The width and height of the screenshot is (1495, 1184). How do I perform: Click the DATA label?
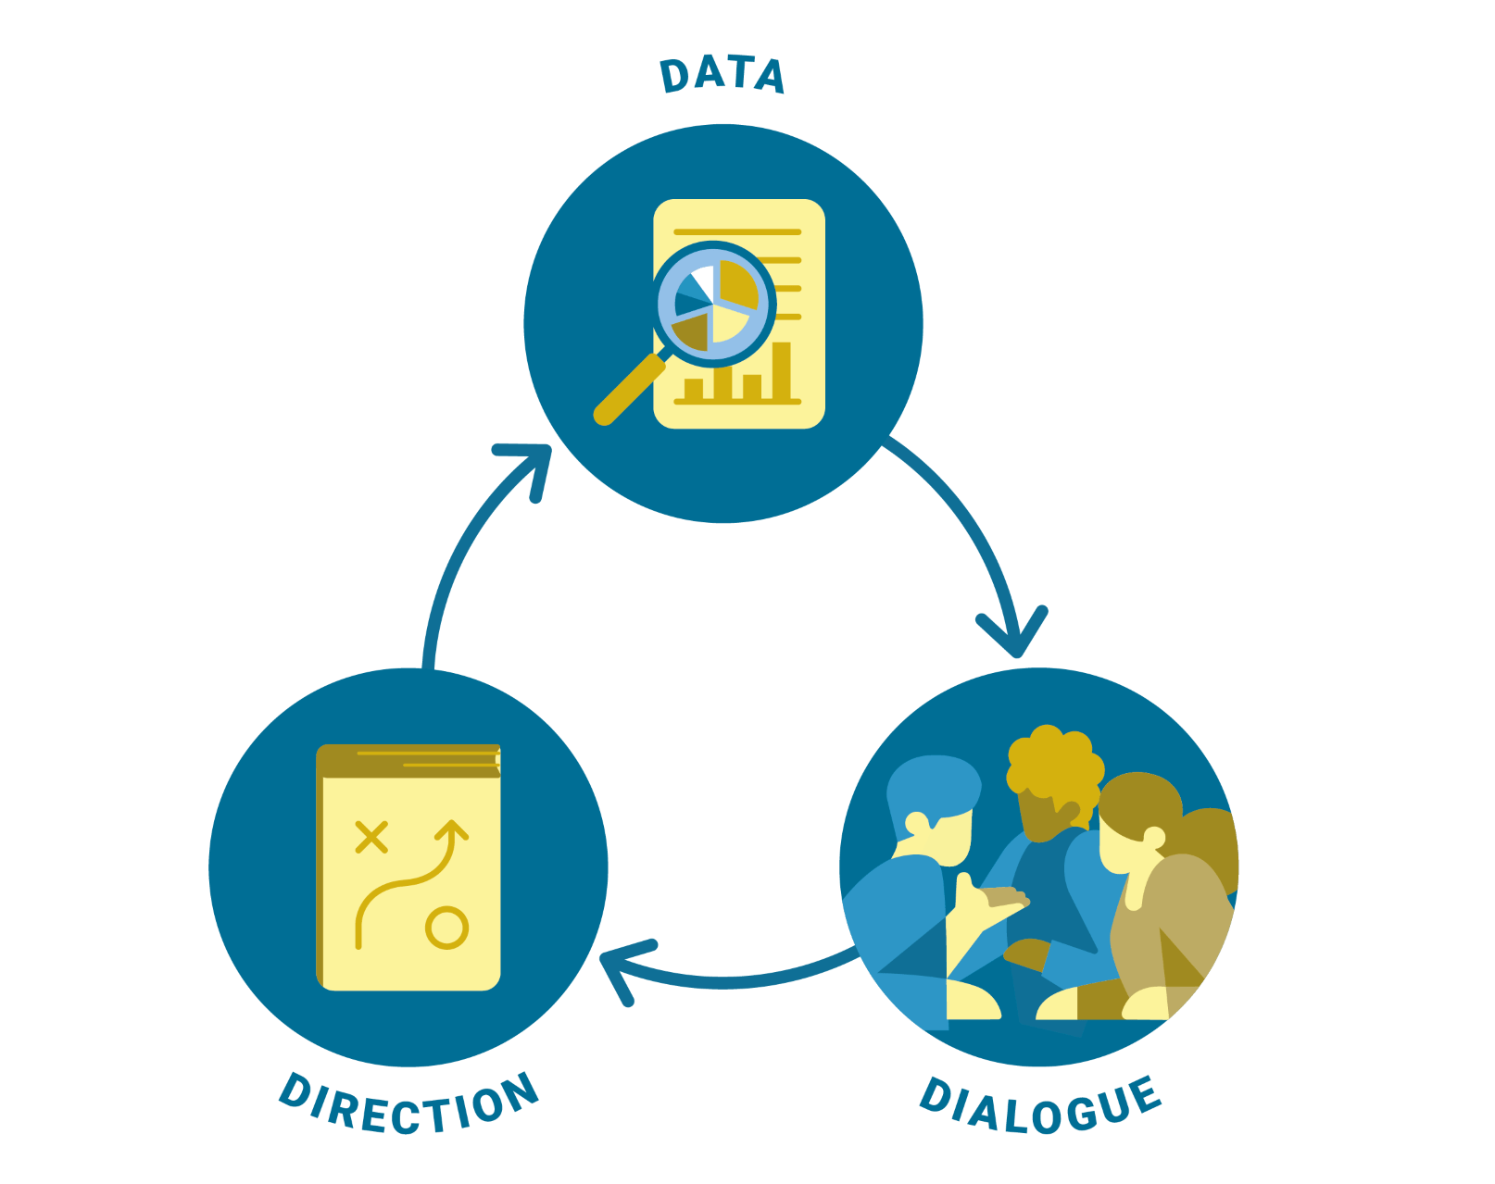tap(722, 75)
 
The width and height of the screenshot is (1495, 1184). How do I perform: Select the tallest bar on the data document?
tap(782, 371)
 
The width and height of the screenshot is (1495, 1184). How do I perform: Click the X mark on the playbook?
tap(371, 837)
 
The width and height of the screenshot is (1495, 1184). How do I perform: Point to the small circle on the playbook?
tap(446, 928)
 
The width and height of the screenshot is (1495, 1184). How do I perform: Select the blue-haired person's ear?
tap(916, 823)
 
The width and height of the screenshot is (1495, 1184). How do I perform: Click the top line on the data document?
tap(737, 231)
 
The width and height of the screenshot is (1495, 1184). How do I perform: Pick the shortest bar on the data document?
tap(693, 388)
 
